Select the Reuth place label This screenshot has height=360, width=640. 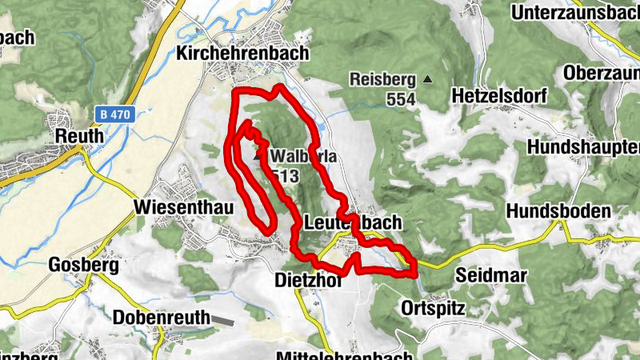tap(79, 137)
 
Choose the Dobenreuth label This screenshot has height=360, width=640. tap(161, 317)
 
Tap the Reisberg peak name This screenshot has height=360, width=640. tap(383, 79)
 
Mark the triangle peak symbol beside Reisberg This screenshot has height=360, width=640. tap(428, 79)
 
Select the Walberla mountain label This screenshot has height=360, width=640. tap(303, 157)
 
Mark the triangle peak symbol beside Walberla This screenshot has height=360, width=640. tap(258, 157)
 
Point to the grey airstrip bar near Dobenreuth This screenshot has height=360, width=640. tap(223, 321)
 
